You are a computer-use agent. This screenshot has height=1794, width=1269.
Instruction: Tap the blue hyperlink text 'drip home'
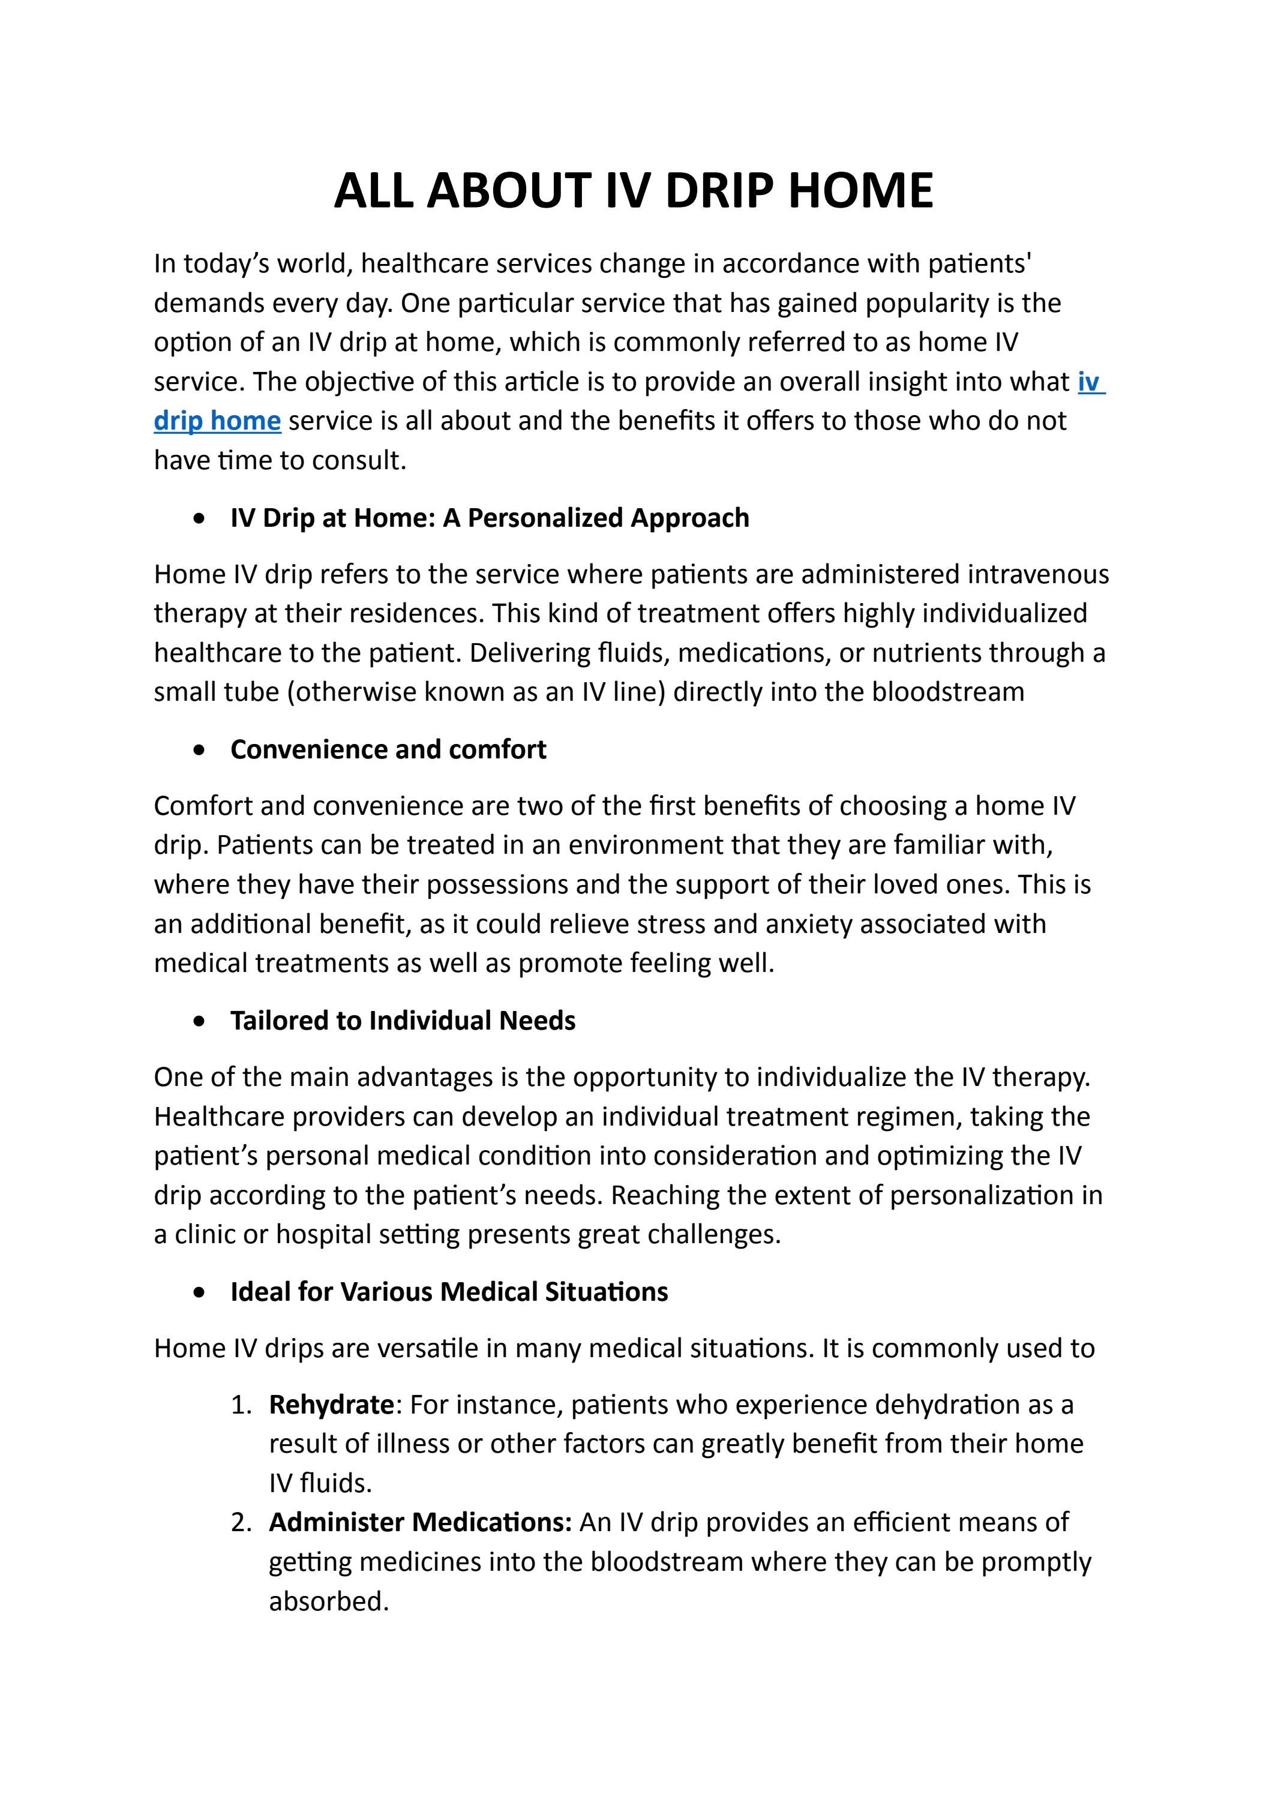[217, 421]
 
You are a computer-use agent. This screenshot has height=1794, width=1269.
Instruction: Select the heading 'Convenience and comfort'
[388, 749]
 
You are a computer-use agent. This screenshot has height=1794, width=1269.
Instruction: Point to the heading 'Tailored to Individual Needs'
[403, 1021]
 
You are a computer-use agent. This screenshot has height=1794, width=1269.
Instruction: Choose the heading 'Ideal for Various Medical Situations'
[449, 1292]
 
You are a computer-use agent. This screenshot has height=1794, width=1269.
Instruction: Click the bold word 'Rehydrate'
[331, 1404]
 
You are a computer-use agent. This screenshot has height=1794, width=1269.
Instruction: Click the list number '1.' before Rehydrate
[241, 1405]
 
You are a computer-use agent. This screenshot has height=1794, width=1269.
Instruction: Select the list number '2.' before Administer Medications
[241, 1523]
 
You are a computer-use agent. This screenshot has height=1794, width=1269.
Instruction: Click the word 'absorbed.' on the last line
[329, 1602]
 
